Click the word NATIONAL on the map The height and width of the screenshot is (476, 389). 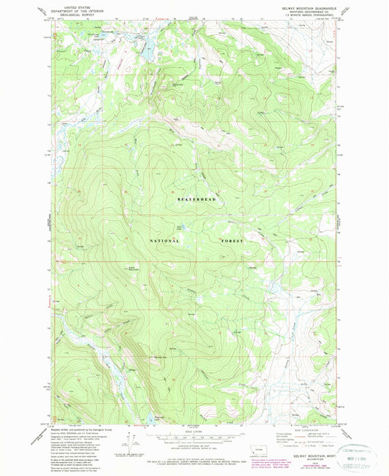tap(165, 240)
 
